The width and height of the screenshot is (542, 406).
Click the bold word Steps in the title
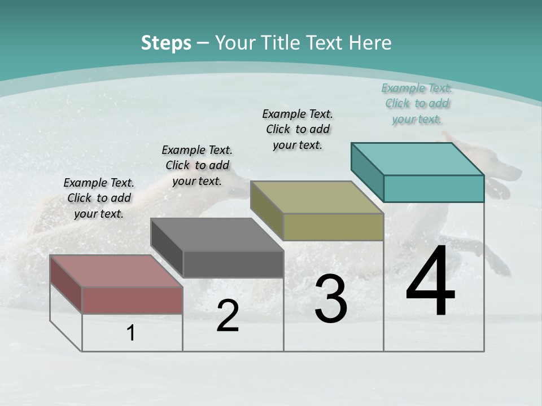click(166, 43)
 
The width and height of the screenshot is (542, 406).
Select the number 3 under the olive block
click(330, 299)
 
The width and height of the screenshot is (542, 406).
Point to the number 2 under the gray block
click(228, 316)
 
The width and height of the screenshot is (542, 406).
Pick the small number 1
click(131, 333)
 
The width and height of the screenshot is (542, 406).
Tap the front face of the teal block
click(434, 188)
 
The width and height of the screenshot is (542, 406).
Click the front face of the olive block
click(333, 227)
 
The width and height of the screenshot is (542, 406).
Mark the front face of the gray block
click(233, 264)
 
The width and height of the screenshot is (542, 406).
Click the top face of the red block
click(116, 271)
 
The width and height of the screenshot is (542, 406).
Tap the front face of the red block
click(132, 300)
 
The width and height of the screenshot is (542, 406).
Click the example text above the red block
click(99, 198)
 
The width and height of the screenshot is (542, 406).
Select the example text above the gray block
click(197, 165)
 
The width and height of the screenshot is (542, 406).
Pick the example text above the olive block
click(298, 129)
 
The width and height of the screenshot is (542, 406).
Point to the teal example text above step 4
click(417, 103)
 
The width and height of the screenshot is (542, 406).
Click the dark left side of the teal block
click(367, 172)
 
